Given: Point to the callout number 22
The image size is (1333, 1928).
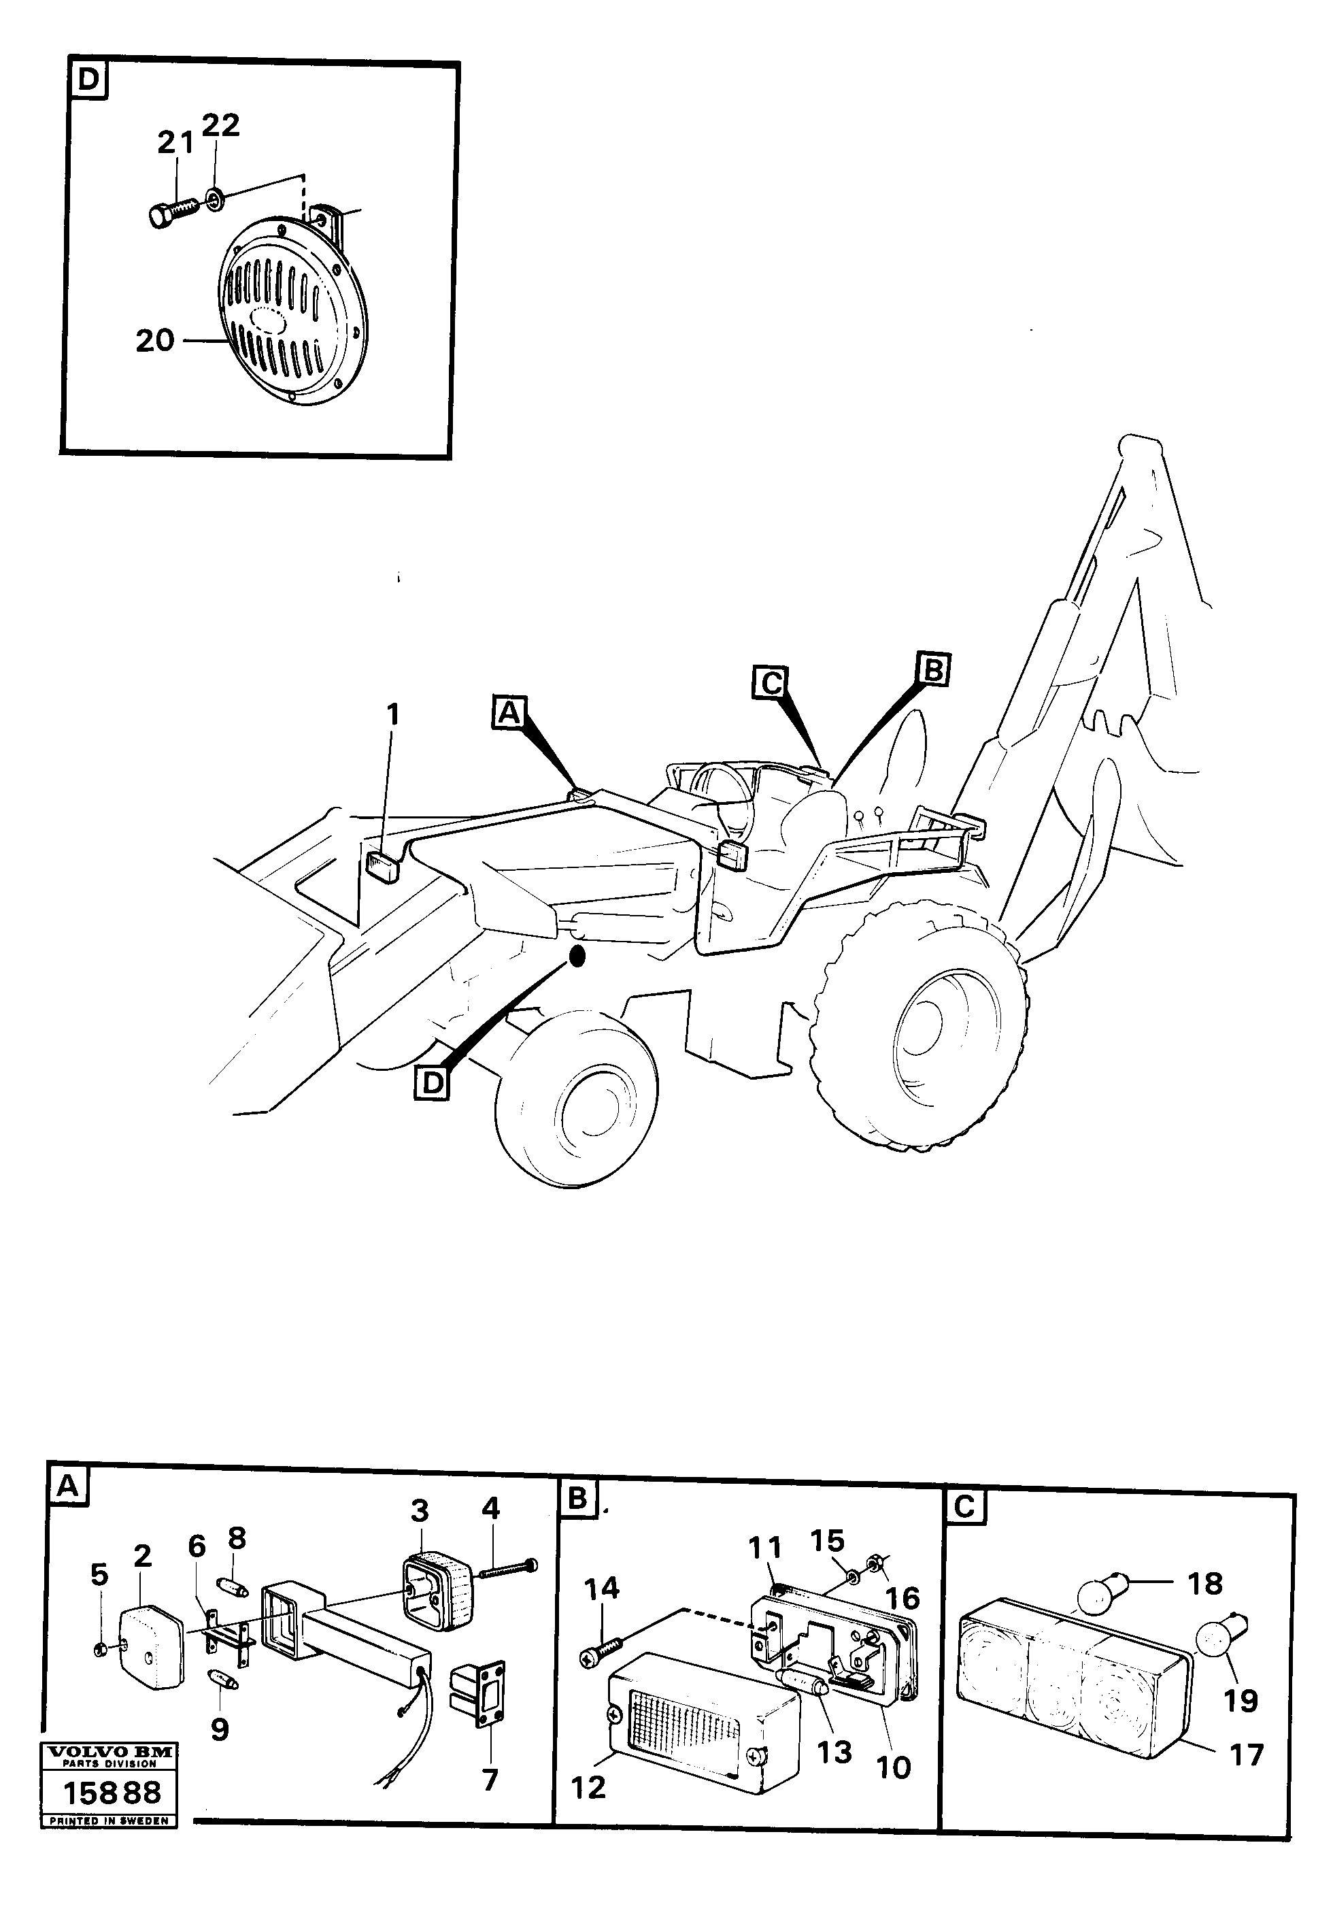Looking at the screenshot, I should tap(220, 124).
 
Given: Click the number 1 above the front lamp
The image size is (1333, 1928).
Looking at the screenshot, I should tap(392, 715).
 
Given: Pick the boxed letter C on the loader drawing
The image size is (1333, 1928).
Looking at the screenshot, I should tap(769, 682).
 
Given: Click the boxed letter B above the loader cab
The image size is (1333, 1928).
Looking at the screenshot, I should tap(933, 670).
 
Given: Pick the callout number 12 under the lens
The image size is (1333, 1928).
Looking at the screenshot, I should tap(588, 1786).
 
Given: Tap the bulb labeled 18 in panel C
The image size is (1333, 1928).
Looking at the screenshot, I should tap(1101, 1584).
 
